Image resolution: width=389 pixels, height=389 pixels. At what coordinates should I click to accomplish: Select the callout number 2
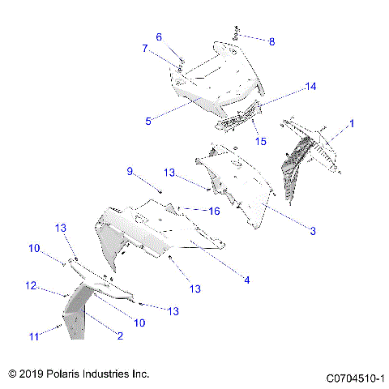120,336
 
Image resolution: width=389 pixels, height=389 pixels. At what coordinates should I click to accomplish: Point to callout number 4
246,280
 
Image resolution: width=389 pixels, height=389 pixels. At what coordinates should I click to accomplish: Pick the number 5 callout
148,122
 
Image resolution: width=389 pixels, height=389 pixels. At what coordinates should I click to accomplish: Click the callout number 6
159,36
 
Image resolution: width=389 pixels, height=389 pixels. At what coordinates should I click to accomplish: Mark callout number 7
145,49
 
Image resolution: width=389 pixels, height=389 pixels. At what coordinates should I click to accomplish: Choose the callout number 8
271,41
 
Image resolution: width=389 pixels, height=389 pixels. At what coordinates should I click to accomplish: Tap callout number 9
129,171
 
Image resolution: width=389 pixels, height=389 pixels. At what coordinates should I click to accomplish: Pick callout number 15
261,142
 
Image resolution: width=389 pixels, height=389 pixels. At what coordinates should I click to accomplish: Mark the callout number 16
215,211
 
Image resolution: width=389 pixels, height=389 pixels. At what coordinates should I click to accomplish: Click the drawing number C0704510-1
354,378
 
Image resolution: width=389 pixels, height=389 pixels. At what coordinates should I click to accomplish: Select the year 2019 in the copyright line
32,374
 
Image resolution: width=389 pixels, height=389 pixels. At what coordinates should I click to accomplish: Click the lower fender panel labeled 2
79,316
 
